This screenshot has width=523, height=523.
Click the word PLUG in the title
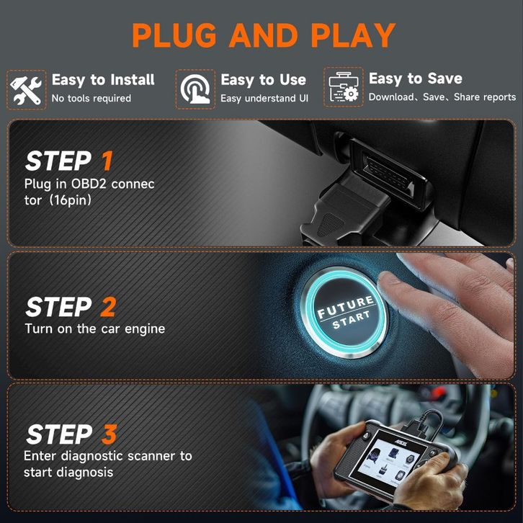(174, 35)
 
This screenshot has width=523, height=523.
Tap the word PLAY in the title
(353, 35)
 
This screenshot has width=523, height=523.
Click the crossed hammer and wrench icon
(26, 90)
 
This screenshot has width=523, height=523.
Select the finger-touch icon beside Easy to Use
(195, 89)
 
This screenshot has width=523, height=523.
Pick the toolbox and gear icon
(344, 86)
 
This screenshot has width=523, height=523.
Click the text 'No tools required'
(91, 99)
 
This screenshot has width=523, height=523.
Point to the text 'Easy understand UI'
(264, 99)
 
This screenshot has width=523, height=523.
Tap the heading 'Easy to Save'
(415, 79)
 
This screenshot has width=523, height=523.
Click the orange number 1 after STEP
(107, 161)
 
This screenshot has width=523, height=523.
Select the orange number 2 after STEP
(108, 307)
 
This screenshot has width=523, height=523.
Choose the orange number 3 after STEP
(109, 434)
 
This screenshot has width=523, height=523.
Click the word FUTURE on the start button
(346, 307)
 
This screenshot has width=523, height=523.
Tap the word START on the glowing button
(352, 320)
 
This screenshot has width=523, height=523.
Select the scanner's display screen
(388, 460)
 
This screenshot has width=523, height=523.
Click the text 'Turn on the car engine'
(95, 329)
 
